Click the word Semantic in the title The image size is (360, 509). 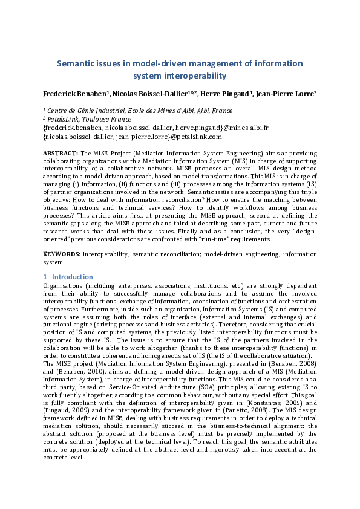pos(77,63)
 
